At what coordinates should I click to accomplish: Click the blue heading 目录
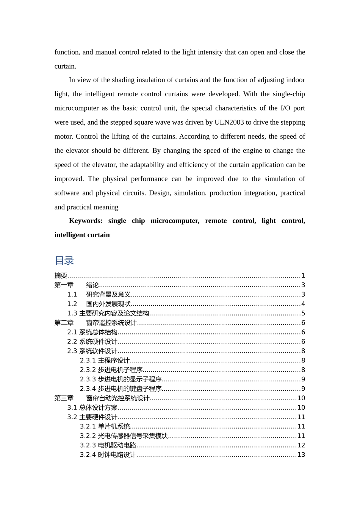(64, 261)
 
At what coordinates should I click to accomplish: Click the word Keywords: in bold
(86, 221)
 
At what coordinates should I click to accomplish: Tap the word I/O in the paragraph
(285, 108)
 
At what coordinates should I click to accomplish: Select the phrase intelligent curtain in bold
(82, 235)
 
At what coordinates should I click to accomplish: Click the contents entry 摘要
(61, 276)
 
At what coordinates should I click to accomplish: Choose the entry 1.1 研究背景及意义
(99, 295)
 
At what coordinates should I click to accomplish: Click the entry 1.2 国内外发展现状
(99, 304)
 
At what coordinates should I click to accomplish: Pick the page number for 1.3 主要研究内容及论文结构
(303, 314)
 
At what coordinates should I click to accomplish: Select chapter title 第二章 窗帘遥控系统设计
(95, 323)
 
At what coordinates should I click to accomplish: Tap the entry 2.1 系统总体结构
(92, 333)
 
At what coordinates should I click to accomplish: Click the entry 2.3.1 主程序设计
(105, 361)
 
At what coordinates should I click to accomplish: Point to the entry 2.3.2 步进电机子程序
(111, 370)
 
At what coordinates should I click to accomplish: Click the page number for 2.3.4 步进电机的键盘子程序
(303, 389)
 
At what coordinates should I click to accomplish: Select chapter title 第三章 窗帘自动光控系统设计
(102, 398)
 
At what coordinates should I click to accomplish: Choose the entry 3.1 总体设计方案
(92, 408)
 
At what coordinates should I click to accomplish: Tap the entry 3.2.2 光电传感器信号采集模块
(124, 436)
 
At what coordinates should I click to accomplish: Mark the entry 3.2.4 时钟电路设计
(108, 455)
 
